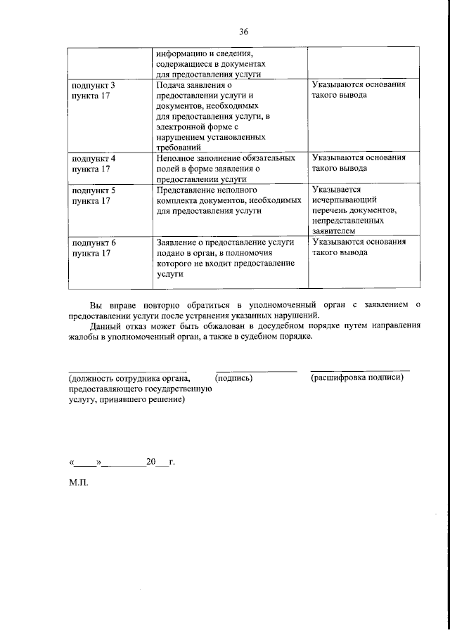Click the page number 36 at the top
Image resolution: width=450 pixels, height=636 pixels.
tap(244, 32)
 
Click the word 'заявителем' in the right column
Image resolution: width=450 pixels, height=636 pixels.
tap(335, 231)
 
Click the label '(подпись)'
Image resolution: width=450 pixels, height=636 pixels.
tap(235, 378)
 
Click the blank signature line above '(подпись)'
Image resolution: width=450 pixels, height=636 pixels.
tap(256, 370)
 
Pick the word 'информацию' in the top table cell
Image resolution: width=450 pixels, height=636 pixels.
tap(181, 53)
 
